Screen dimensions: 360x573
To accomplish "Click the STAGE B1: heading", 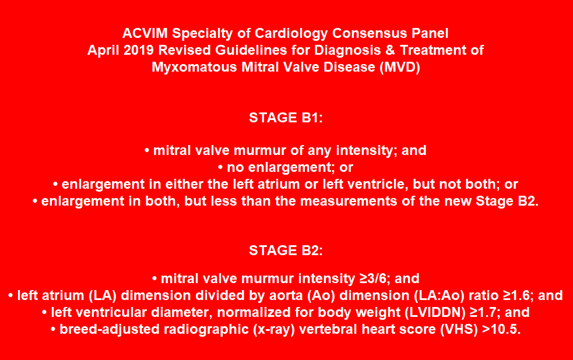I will (x=286, y=117).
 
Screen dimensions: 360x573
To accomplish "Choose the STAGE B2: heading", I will (x=286, y=250).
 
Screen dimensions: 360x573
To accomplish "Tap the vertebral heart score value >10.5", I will (x=501, y=330).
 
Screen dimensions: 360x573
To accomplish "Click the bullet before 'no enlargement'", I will (x=220, y=168).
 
